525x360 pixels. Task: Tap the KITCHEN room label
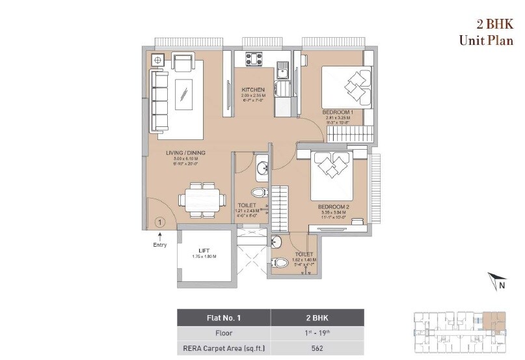252,90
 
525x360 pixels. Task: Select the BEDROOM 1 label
338,112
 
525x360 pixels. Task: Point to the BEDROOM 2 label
334,207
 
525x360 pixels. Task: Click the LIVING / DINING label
185,153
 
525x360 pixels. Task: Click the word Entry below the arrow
160,245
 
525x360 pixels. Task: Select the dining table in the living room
202,198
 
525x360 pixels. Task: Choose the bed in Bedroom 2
332,174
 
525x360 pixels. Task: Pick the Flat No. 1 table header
224,318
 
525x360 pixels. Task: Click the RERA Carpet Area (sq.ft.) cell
224,348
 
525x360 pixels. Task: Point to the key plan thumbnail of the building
461,332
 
